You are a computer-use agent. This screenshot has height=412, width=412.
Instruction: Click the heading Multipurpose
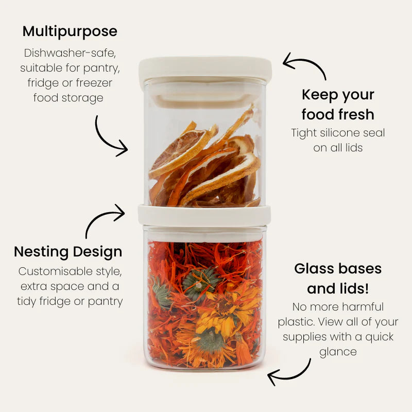(70, 31)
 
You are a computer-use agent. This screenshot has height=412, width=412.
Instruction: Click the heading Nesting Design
(68, 252)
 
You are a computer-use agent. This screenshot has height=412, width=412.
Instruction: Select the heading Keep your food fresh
(338, 104)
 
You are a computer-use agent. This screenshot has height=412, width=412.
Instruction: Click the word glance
(338, 352)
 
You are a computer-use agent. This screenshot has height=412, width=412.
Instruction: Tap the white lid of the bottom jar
(204, 215)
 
